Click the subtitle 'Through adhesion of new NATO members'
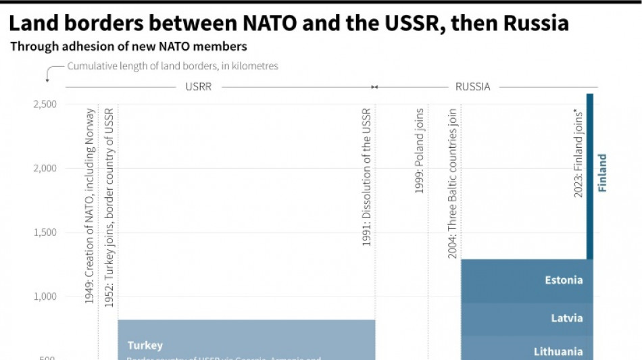click(128, 47)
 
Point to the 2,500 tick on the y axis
click(45, 104)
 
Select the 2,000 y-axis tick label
click(45, 168)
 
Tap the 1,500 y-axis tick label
click(45, 232)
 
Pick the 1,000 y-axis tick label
click(45, 297)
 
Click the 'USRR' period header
click(198, 87)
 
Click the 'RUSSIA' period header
click(472, 87)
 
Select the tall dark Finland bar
click(590, 176)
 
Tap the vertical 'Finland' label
click(602, 173)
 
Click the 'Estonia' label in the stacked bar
click(564, 280)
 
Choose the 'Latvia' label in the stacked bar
click(566, 318)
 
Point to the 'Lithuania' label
click(558, 351)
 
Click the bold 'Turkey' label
click(145, 345)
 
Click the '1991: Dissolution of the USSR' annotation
click(367, 176)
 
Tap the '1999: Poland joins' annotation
click(420, 151)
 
